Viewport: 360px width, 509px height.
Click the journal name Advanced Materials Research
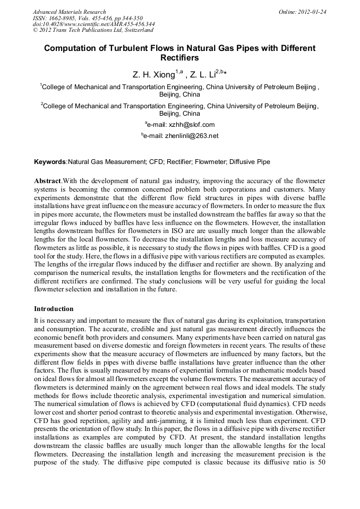(69, 12)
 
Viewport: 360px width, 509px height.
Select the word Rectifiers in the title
(179, 58)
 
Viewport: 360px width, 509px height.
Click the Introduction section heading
(54, 308)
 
